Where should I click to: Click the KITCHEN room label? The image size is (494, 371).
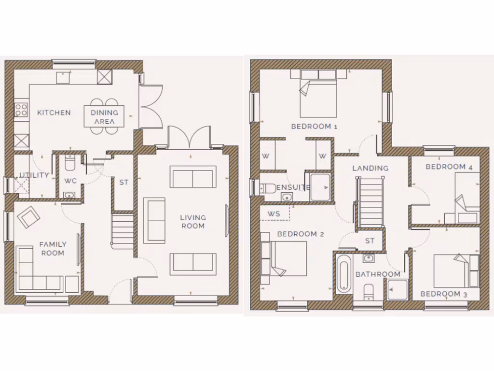point(54,113)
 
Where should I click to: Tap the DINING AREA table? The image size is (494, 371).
point(104,116)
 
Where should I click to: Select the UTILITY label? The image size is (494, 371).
point(34,175)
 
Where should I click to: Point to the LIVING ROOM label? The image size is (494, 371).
point(193,222)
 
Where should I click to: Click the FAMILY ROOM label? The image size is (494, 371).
point(53,249)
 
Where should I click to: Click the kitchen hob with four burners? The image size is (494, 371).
point(21,110)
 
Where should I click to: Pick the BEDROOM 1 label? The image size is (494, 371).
point(314,127)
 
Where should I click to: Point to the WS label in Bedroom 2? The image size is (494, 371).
point(274,213)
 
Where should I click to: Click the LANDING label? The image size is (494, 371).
point(370,169)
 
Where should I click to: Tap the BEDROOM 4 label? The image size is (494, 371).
point(449,167)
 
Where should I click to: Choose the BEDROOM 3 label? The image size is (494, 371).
point(440,294)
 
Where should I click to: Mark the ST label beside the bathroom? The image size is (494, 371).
point(370,241)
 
